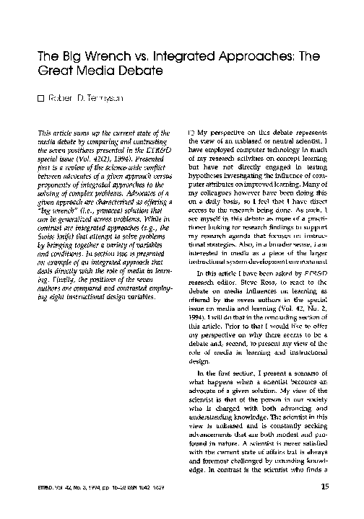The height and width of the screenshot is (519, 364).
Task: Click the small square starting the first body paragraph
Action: click(191, 134)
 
